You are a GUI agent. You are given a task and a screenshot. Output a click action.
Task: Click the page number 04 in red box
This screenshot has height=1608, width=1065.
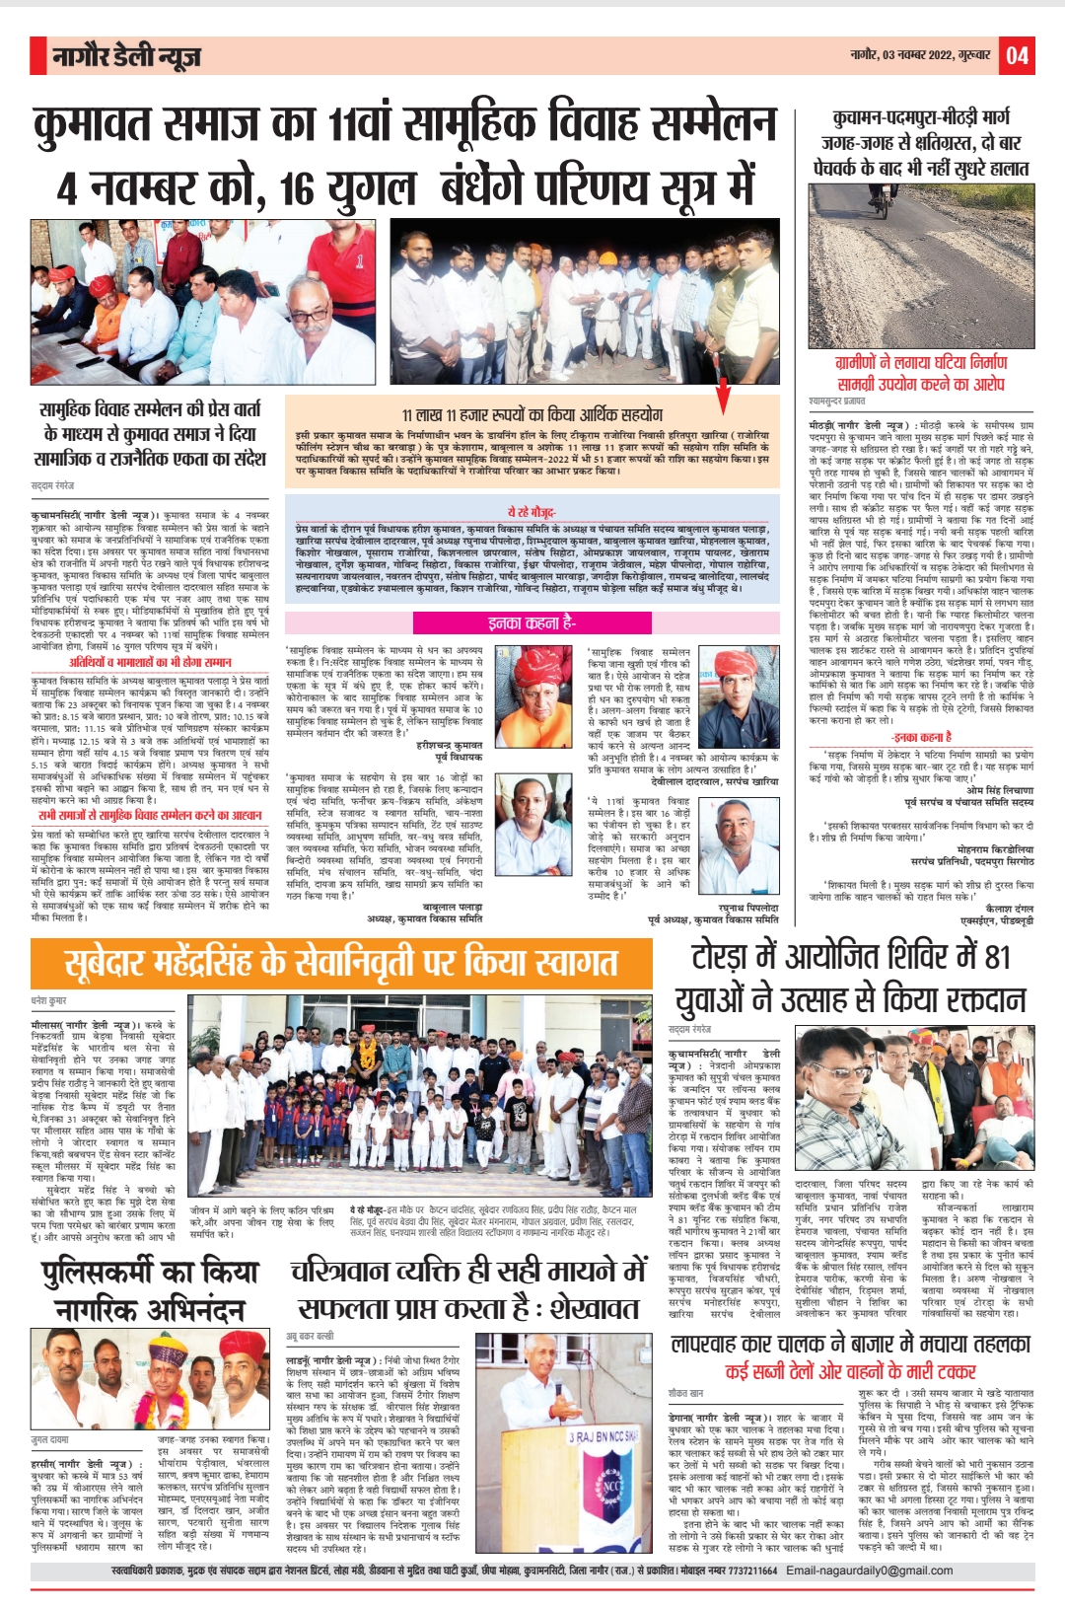coord(1018,56)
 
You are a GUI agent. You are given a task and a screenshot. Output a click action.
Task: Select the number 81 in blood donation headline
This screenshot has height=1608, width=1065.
coord(996,956)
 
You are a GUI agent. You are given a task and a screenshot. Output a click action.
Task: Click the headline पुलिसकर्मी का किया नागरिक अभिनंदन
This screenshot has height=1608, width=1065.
coord(150,1290)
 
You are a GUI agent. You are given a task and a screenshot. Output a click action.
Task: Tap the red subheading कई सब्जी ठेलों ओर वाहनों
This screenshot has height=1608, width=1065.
coord(850,1370)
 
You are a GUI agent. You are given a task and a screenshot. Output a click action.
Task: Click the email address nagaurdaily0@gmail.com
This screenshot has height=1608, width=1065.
coord(869,1571)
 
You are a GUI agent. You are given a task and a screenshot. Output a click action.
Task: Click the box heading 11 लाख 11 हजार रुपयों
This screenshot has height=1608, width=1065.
coord(532,414)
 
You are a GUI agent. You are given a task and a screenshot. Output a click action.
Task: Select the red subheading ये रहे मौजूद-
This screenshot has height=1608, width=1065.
coord(532,512)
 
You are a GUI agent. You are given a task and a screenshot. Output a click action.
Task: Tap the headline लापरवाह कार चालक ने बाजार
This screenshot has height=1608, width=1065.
coord(850,1344)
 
